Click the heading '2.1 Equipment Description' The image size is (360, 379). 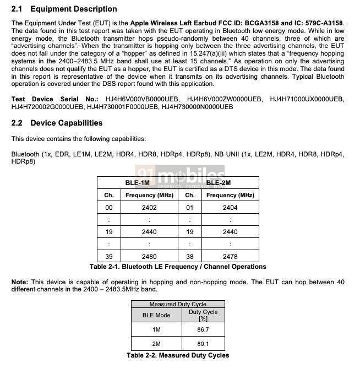pyautogui.click(x=64, y=9)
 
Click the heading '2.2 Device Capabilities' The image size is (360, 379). pyautogui.click(x=57, y=123)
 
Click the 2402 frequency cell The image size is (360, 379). pyautogui.click(x=149, y=207)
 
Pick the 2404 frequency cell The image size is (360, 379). pyautogui.click(x=230, y=207)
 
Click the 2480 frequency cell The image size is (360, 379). pyautogui.click(x=149, y=256)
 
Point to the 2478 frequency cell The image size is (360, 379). pyautogui.click(x=230, y=256)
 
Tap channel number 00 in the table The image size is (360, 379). pyautogui.click(x=109, y=207)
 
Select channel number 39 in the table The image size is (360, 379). pyautogui.click(x=109, y=256)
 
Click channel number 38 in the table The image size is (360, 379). pyautogui.click(x=189, y=256)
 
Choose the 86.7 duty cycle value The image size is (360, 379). pyautogui.click(x=203, y=329)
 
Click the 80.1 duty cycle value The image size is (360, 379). pyautogui.click(x=203, y=344)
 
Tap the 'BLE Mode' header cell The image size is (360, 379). pyautogui.click(x=156, y=315)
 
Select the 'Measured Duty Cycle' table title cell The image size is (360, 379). pyautogui.click(x=178, y=304)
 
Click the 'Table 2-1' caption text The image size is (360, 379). pyautogui.click(x=178, y=267)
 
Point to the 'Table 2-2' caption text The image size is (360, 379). pyautogui.click(x=178, y=355)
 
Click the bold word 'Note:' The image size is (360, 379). pyautogui.click(x=20, y=282)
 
